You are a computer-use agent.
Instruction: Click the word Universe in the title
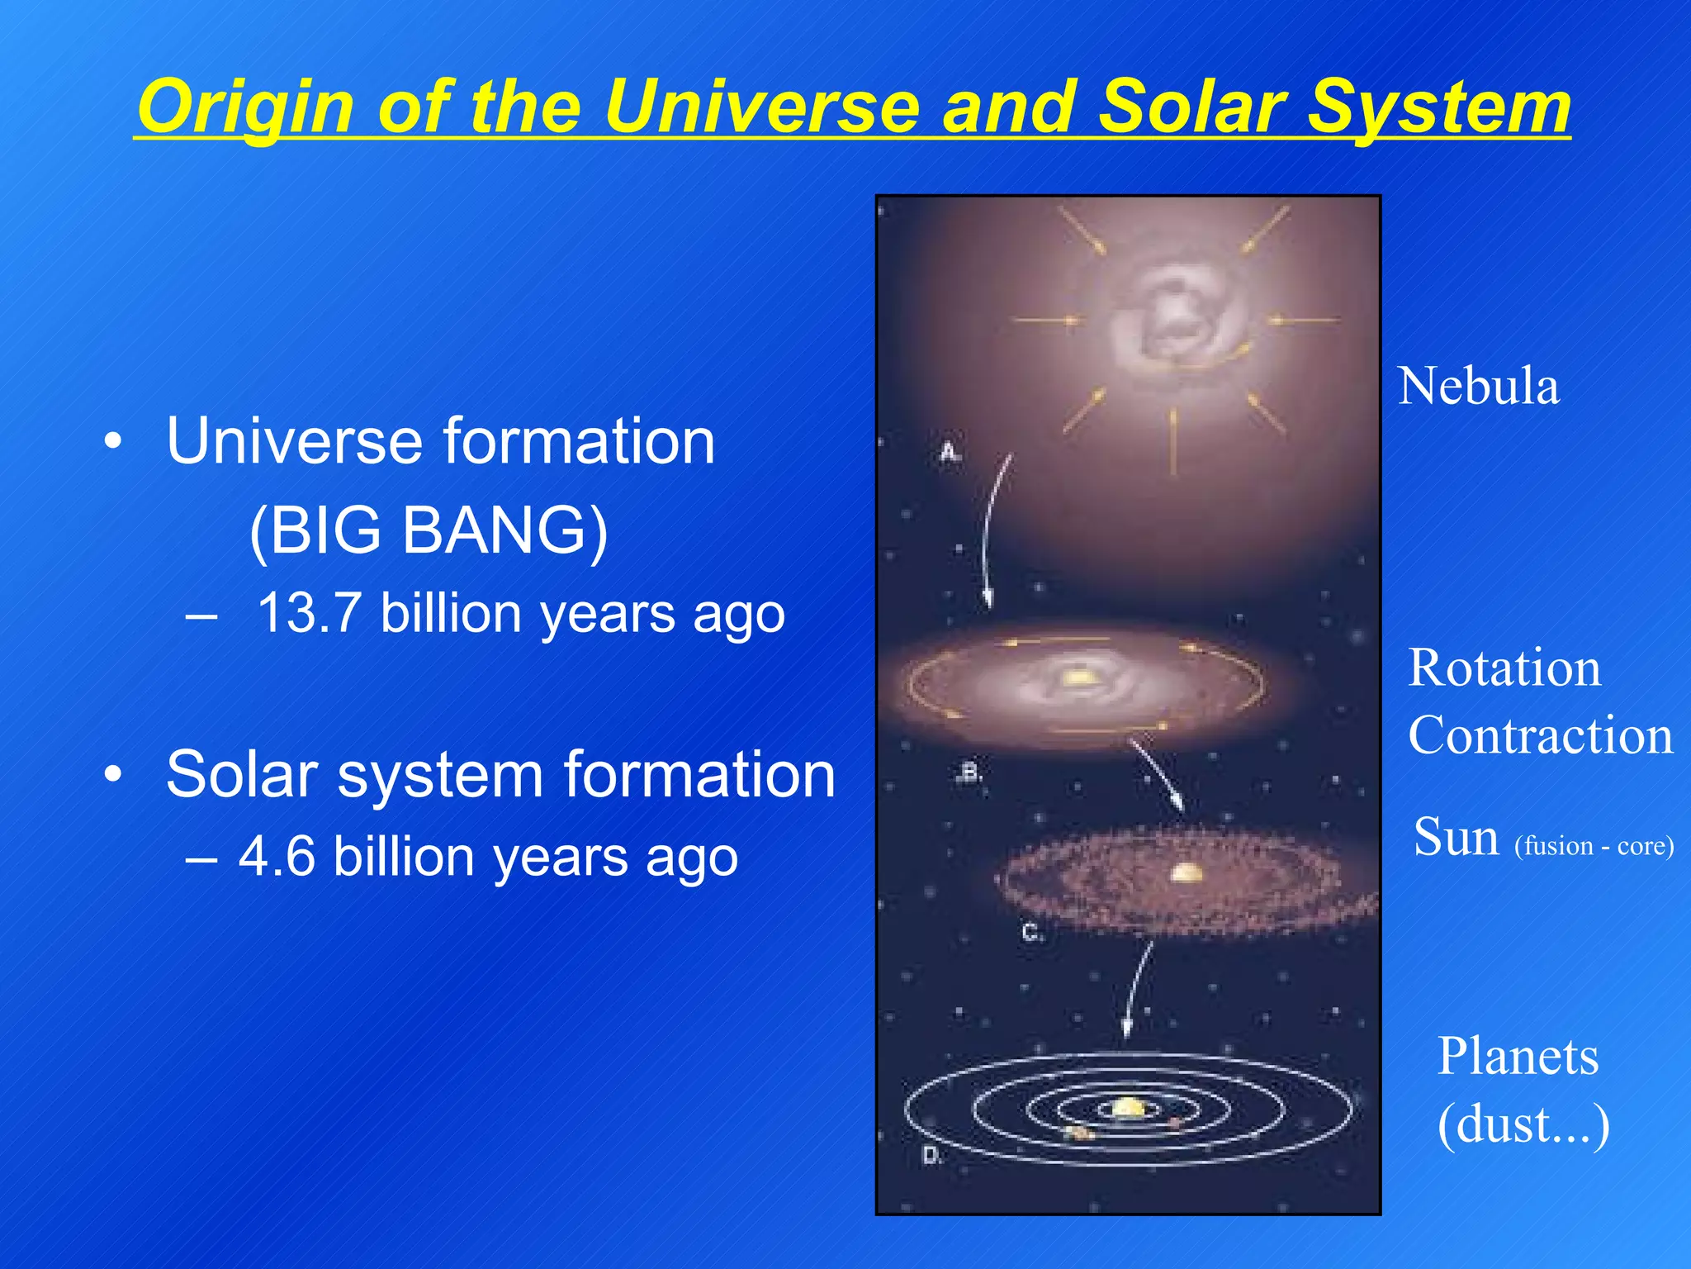pos(760,107)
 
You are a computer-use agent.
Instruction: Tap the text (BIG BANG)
pos(429,530)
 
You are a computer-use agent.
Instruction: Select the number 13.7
pos(309,614)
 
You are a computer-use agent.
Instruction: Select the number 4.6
pos(277,856)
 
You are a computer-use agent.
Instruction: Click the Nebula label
pos(1478,387)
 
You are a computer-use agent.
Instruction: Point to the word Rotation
pos(1504,668)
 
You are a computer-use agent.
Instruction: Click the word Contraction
pos(1540,735)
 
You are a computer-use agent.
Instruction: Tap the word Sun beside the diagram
pos(1456,837)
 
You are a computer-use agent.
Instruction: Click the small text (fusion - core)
pos(1594,846)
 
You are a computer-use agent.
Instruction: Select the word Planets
pos(1518,1057)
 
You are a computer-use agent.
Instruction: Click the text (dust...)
pos(1523,1124)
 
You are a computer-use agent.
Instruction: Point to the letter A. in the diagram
pos(950,453)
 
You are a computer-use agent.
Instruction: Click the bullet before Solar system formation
pos(113,775)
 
